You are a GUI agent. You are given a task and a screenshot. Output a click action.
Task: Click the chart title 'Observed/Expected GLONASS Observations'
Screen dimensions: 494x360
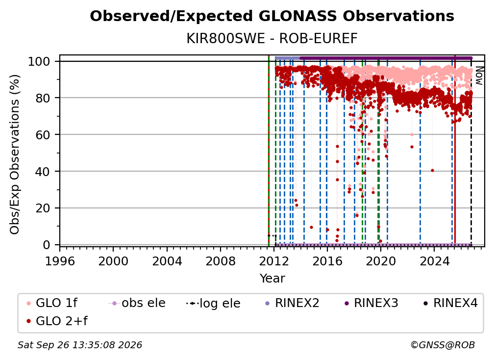[272, 16]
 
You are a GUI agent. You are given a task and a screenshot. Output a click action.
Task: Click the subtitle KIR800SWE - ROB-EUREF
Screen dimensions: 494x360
[272, 39]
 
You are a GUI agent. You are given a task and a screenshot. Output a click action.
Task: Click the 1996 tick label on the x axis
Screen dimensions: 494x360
[60, 261]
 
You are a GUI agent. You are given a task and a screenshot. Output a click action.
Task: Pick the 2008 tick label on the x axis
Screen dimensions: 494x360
[220, 261]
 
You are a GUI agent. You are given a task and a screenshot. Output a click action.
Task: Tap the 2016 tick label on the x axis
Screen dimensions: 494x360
[327, 261]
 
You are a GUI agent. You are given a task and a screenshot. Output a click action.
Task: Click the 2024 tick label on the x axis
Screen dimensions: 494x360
[434, 261]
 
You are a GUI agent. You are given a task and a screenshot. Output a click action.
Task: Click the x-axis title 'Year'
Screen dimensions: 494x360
[272, 279]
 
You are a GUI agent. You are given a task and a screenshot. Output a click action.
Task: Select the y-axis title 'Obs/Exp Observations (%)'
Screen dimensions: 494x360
[15, 154]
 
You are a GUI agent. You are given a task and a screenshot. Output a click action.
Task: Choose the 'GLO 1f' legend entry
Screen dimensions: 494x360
[52, 303]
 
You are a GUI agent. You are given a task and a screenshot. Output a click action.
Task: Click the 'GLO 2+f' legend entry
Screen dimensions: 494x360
[57, 321]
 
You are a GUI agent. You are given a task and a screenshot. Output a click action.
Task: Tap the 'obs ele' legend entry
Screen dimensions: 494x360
[137, 303]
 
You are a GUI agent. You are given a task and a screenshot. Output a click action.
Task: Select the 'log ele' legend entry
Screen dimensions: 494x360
[213, 304]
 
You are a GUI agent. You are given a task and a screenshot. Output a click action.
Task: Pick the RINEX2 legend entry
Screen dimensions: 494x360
[293, 303]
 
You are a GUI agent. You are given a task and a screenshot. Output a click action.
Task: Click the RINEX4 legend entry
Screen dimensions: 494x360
[450, 303]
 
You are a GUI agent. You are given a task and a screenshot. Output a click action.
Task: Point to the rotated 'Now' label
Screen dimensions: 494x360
[479, 76]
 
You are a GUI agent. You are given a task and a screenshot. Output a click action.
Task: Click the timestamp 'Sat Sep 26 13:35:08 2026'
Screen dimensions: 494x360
[80, 345]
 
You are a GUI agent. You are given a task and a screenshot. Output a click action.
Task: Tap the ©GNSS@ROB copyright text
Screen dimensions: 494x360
[443, 345]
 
